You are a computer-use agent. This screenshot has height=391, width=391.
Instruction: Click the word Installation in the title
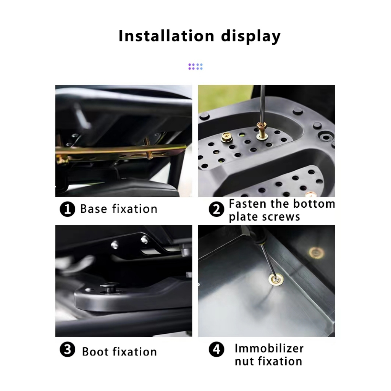coord(166,36)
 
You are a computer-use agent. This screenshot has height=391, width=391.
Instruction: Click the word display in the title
coord(250,37)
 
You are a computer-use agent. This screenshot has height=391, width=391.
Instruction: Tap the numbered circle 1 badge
coord(67,209)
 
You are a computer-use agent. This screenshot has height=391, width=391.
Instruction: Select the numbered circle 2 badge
coord(216,209)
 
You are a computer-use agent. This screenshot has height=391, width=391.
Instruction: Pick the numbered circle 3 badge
coord(67,349)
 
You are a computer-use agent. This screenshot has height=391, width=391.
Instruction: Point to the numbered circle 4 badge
coord(216,349)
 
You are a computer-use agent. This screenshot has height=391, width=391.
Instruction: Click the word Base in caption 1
coord(94,209)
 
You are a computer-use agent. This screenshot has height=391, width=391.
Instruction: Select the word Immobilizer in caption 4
coord(269,348)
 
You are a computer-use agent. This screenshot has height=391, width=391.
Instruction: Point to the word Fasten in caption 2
coord(248,204)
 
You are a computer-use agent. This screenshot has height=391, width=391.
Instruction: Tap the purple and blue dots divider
coord(195,66)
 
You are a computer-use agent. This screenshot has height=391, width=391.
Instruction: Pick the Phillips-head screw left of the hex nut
coord(227,137)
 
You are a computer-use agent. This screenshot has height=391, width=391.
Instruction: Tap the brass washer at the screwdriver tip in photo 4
coord(276,280)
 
